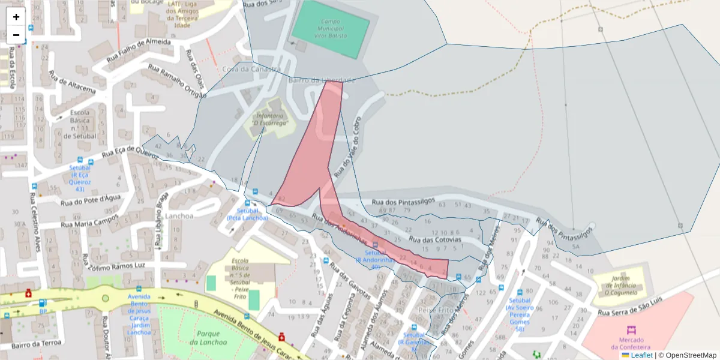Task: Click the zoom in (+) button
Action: coord(16,17)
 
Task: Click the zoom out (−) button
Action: coord(16,35)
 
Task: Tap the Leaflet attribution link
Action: coord(641,355)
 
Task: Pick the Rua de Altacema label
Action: coord(71,84)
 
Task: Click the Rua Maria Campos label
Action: coord(90,221)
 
